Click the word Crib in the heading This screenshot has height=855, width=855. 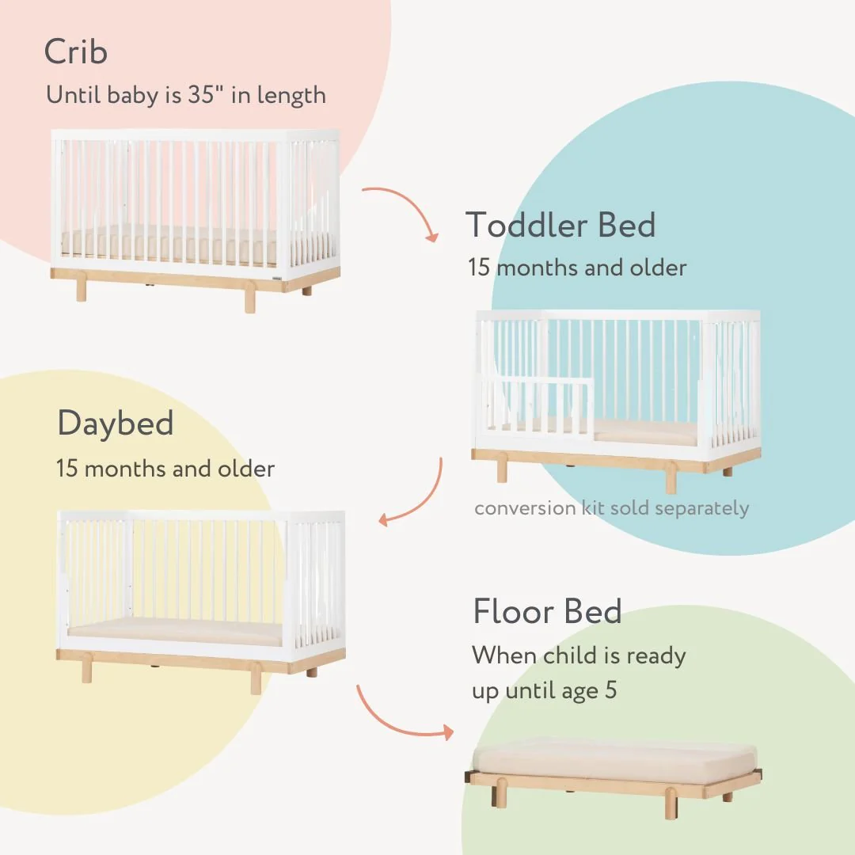76,53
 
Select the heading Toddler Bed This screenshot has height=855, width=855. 560,226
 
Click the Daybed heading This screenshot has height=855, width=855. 116,424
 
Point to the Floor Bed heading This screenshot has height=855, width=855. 547,612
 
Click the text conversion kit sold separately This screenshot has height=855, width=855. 611,507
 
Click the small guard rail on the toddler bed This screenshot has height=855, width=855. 538,405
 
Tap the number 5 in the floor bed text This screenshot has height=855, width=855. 610,690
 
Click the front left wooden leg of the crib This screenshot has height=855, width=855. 81,288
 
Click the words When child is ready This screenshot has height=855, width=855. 579,655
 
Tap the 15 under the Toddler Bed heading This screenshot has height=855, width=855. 479,268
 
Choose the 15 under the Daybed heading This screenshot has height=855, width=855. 67,468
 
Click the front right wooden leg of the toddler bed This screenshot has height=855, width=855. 671,477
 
